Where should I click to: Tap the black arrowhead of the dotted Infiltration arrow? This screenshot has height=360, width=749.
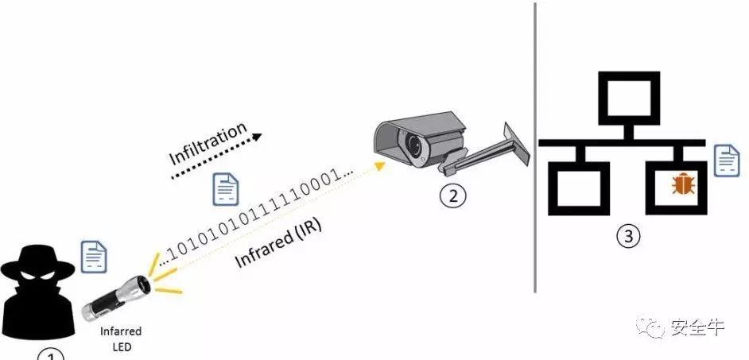point(258,135)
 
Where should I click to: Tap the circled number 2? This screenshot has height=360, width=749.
point(452,196)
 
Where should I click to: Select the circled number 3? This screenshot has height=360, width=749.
point(627,237)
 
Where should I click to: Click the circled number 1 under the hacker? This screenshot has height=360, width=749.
point(51,355)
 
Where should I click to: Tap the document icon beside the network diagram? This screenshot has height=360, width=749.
point(726,161)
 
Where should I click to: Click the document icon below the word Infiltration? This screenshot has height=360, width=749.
point(225,189)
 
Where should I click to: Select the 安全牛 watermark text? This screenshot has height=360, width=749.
point(698,327)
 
